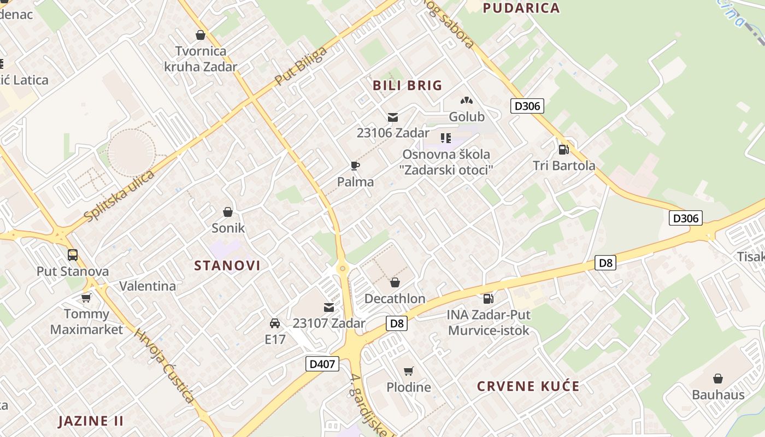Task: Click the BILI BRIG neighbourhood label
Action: click(x=407, y=86)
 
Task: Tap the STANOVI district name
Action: click(x=227, y=266)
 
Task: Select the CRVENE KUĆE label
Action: click(x=528, y=387)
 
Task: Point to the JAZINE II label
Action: click(x=91, y=421)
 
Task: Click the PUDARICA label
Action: click(x=521, y=8)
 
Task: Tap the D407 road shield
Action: click(x=322, y=364)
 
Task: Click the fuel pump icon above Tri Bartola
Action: click(x=563, y=149)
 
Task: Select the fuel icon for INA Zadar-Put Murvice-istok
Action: click(x=489, y=298)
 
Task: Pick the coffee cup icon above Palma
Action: click(x=355, y=166)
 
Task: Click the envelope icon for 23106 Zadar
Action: click(x=393, y=117)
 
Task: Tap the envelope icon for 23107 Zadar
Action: click(x=329, y=308)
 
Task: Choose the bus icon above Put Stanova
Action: click(x=73, y=255)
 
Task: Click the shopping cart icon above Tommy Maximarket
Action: click(x=86, y=298)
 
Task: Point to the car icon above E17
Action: click(x=275, y=323)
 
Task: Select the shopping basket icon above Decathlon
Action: click(x=395, y=282)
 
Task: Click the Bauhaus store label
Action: click(x=718, y=394)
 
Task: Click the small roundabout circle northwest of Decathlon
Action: click(x=343, y=268)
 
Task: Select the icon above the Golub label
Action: click(x=466, y=101)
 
